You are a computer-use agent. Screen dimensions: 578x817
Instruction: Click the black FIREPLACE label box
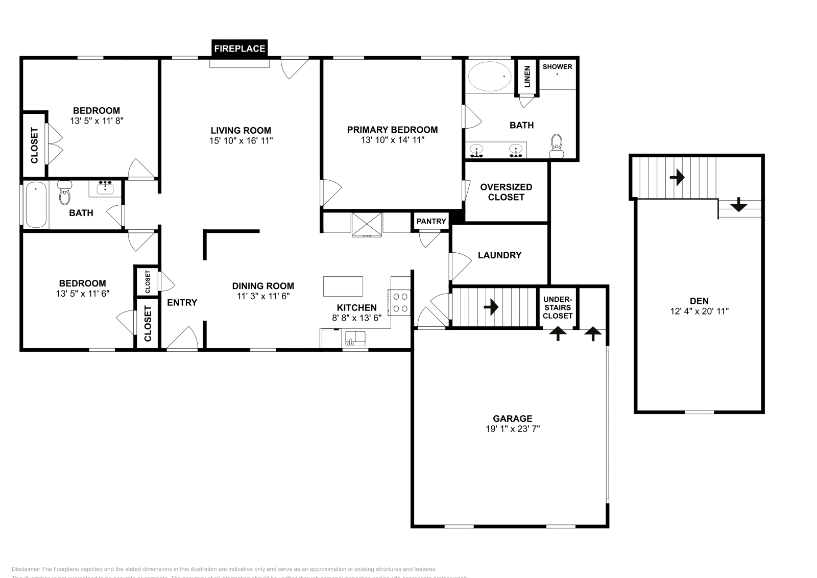click(x=239, y=49)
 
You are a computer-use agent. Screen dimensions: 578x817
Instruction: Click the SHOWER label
click(x=557, y=66)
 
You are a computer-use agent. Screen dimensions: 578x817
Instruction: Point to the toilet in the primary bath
click(x=557, y=146)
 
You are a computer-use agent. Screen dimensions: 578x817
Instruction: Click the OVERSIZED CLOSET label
click(x=506, y=192)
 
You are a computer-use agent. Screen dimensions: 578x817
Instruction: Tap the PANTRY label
click(x=431, y=221)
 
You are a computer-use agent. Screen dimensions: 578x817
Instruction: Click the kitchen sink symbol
click(x=355, y=338)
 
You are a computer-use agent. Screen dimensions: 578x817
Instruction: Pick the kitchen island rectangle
click(x=343, y=286)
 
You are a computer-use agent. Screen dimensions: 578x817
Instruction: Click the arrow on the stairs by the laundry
click(x=491, y=307)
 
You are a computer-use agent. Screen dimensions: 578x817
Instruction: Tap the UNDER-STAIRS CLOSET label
click(x=558, y=307)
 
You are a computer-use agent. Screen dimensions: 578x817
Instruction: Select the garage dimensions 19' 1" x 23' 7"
click(x=513, y=429)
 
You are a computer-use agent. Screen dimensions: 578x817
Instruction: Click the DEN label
click(x=699, y=301)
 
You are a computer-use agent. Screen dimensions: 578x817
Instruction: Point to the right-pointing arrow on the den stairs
click(x=677, y=177)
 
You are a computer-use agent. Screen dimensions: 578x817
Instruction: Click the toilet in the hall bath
click(x=65, y=194)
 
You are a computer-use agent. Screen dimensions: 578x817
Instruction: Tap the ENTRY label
click(x=182, y=302)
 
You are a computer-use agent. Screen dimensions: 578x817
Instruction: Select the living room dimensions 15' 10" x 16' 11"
click(x=241, y=140)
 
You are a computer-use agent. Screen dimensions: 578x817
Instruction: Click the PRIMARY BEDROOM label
click(x=392, y=130)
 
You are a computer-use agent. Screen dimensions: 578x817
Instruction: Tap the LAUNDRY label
click(x=499, y=255)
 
